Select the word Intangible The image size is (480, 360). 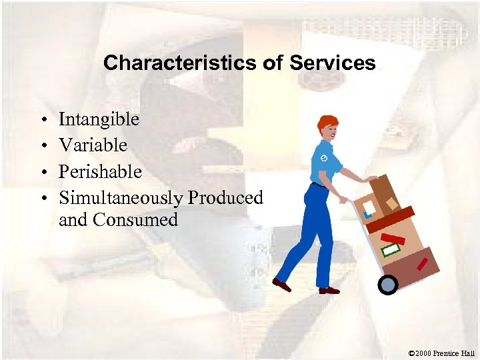99,119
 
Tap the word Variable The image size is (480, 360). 93,145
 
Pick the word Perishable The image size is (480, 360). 100,171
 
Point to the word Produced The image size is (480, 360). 225,198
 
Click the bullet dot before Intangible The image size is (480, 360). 42,121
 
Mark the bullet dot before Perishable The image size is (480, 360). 42,173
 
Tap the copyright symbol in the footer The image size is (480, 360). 412,353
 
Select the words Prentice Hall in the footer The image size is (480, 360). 456,353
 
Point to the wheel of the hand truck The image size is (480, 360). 387,285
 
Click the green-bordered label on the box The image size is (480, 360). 391,250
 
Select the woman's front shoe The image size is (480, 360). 329,290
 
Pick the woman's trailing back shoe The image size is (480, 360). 282,285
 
